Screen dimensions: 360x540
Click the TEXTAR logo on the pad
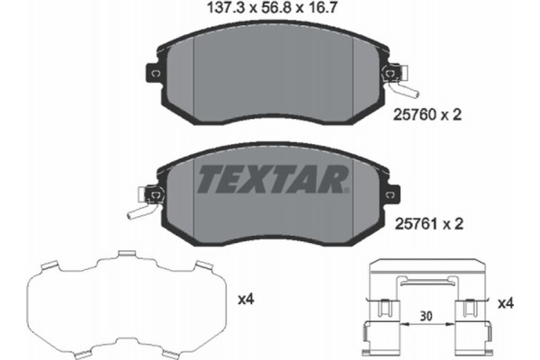click(x=271, y=180)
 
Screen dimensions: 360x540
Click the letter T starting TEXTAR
click(x=208, y=180)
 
